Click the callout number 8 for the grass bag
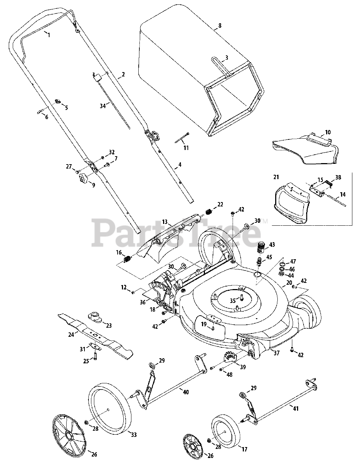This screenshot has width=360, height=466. [x=219, y=26]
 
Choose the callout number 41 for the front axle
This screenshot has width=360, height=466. [x=296, y=409]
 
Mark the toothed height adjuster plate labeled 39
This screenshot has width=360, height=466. [x=230, y=357]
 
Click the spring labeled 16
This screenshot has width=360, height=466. [x=127, y=259]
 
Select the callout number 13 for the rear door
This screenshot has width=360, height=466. [x=165, y=221]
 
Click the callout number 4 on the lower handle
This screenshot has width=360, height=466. [x=179, y=165]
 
